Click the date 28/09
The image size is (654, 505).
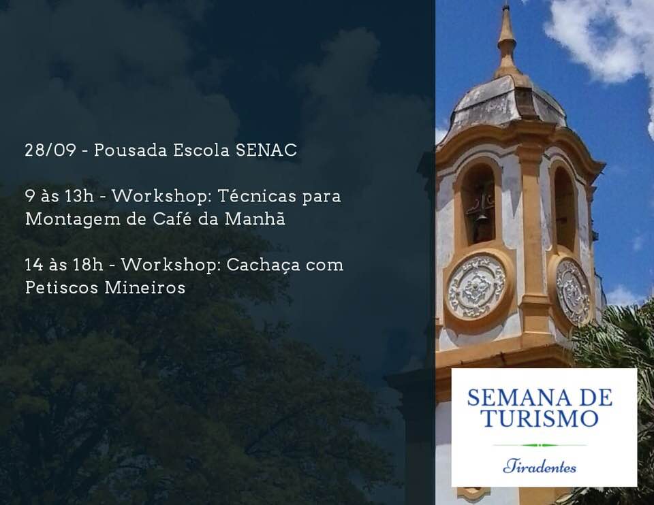[50, 150]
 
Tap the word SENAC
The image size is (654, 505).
[266, 150]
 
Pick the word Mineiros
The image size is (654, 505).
[144, 287]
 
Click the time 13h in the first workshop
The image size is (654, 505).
[79, 196]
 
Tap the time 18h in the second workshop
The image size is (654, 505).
[88, 265]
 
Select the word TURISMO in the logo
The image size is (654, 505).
[540, 418]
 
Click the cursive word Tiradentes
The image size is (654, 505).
[540, 466]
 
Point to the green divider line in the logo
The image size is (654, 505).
[540, 445]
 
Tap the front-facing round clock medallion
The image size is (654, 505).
[476, 287]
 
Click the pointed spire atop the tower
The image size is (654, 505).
[507, 42]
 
